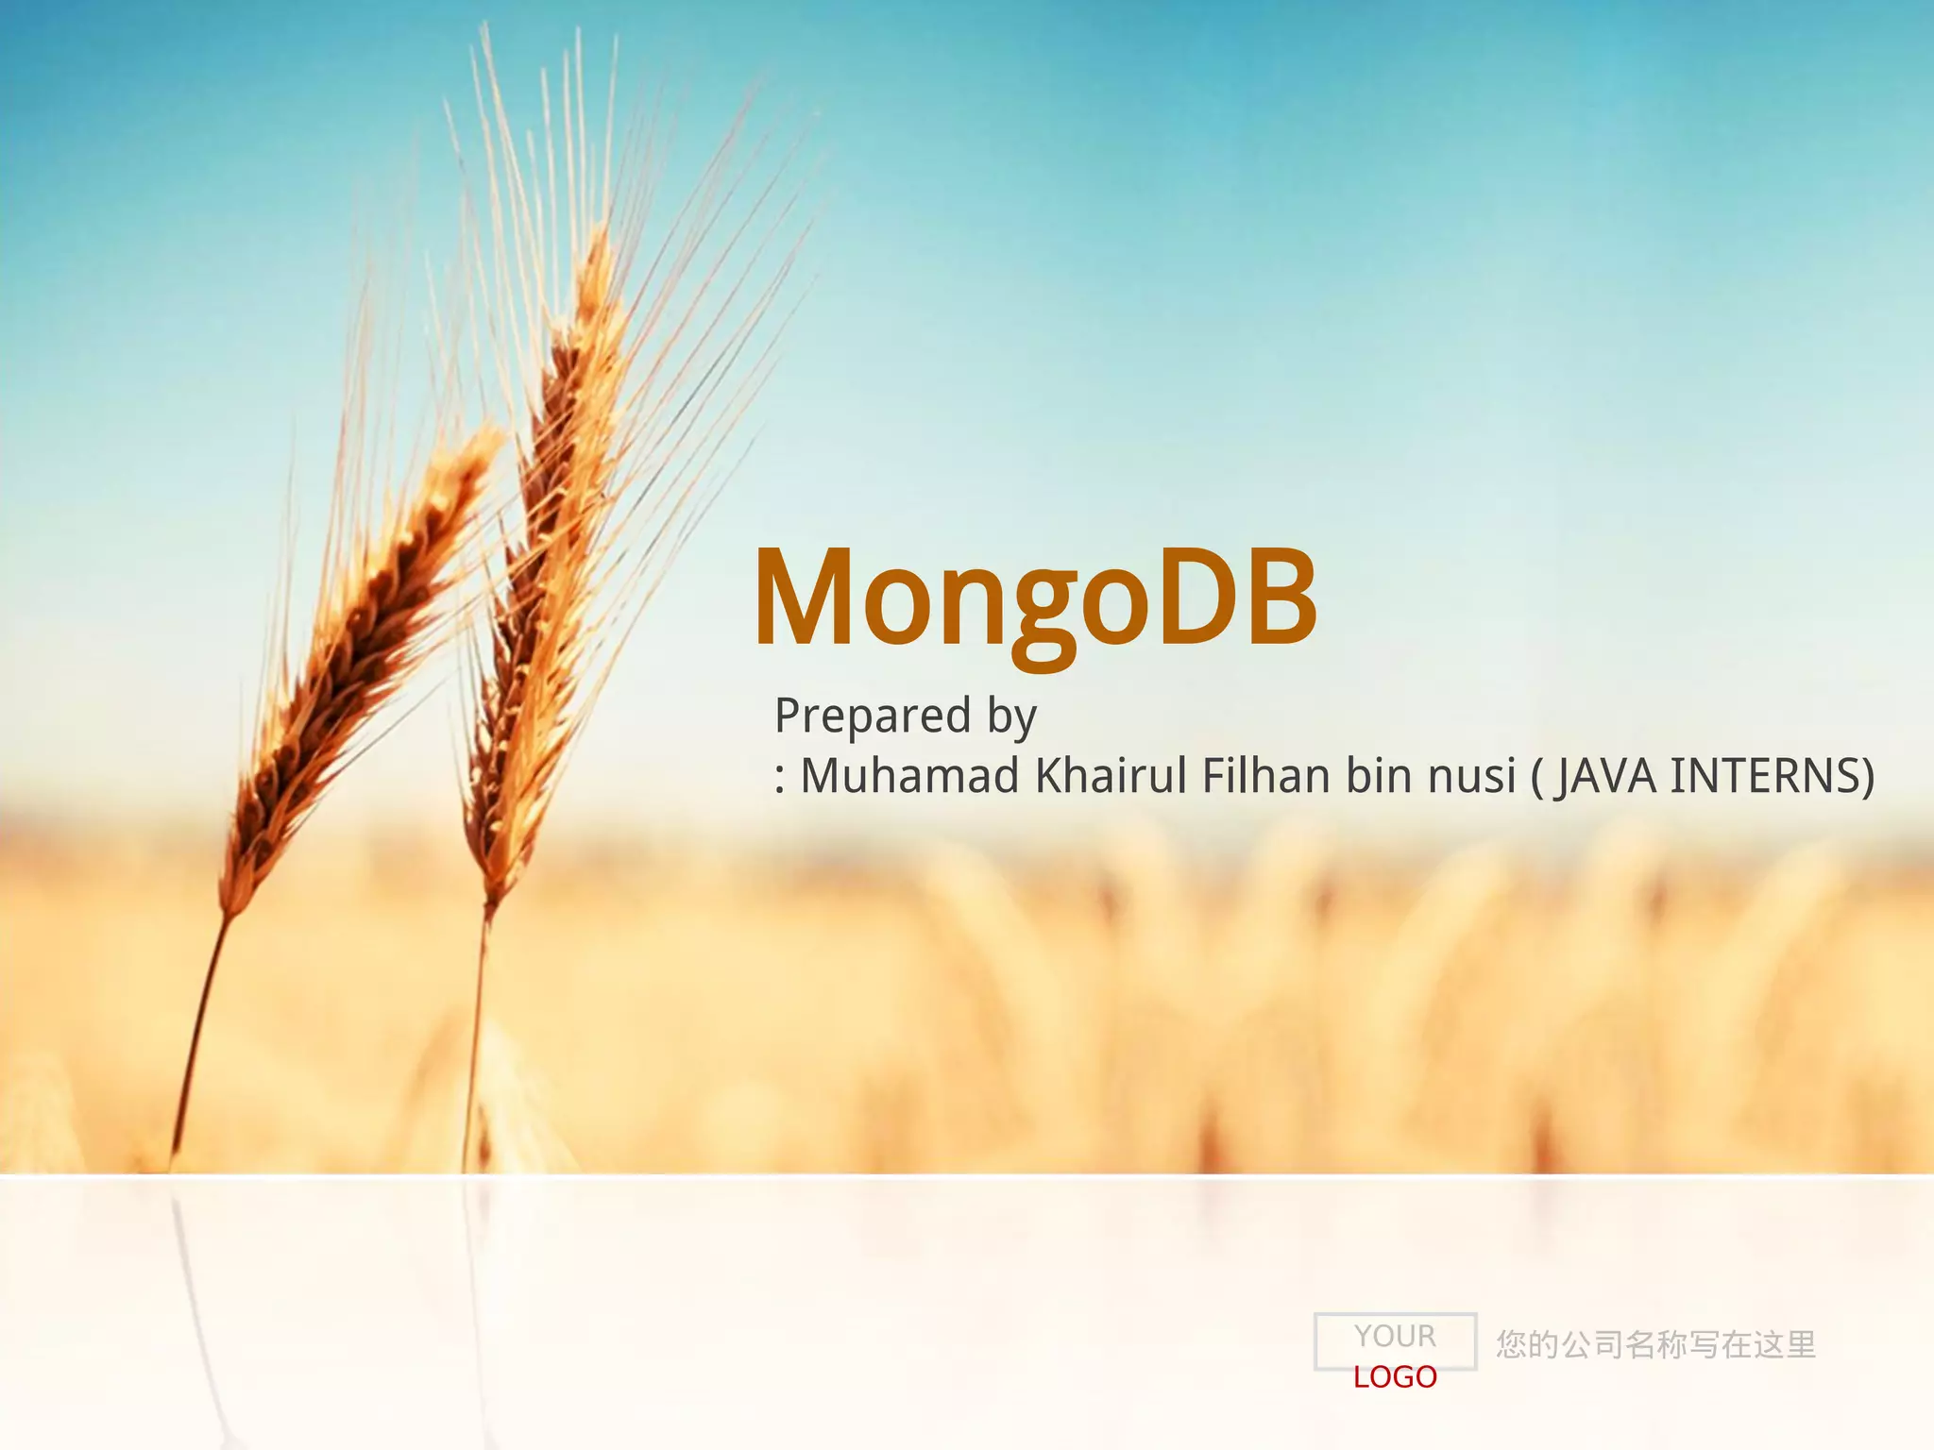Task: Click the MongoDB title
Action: coord(1035,599)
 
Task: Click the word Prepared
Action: coord(873,715)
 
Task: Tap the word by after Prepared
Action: coord(1011,717)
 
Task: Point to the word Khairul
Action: coord(1111,776)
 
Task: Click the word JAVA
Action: coord(1605,776)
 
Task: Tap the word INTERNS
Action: coord(1766,776)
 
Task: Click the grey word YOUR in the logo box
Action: coord(1395,1336)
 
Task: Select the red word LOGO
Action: coord(1395,1377)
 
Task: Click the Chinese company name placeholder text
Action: coord(1655,1344)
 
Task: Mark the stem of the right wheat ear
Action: coord(476,1038)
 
